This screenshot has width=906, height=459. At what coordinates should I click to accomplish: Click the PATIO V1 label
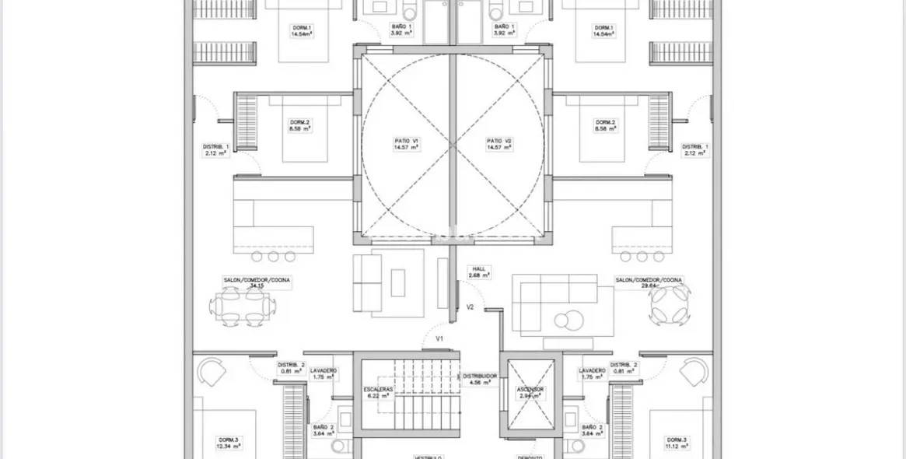tap(406, 141)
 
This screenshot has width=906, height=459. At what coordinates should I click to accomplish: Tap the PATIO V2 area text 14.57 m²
tap(498, 147)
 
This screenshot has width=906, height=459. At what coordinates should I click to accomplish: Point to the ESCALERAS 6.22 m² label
tap(378, 392)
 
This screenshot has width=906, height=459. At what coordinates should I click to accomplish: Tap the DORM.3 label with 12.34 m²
tap(229, 443)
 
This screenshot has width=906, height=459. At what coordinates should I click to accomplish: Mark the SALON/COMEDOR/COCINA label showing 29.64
tap(649, 282)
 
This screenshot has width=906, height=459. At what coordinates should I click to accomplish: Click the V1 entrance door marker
tap(439, 338)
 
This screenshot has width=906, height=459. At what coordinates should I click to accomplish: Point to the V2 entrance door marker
tap(470, 307)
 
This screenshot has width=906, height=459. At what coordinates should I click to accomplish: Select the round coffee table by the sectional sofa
tap(566, 317)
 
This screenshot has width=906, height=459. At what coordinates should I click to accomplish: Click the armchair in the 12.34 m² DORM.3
tap(211, 373)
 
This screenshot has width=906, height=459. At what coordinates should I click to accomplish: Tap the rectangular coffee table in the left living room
tap(399, 282)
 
